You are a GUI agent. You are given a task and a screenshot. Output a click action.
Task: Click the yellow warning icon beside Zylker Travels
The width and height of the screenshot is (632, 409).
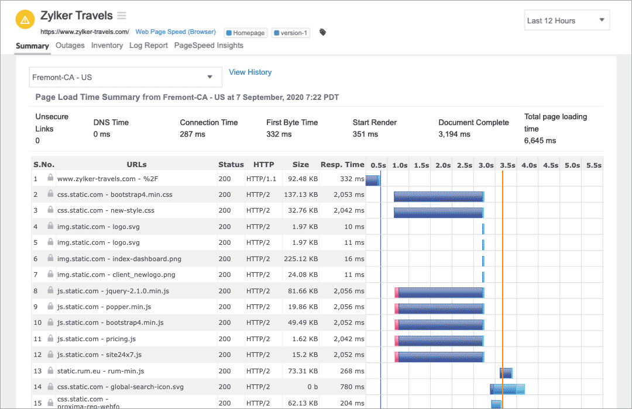25,20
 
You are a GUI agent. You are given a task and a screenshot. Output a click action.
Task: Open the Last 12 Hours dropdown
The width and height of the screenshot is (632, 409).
566,20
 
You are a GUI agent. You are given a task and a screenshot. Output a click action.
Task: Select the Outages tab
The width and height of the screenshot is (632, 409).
70,46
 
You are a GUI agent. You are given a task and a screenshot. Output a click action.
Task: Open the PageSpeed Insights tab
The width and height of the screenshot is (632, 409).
208,46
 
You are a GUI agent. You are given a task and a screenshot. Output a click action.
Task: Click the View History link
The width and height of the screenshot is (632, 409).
250,72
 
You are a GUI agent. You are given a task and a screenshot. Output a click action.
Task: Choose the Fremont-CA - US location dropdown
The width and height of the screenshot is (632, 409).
125,77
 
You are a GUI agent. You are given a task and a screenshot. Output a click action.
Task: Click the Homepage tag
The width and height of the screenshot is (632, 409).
246,33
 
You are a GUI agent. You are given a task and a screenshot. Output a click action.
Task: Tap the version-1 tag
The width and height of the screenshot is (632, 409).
291,33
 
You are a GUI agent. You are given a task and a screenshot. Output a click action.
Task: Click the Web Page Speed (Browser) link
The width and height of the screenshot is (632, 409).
176,32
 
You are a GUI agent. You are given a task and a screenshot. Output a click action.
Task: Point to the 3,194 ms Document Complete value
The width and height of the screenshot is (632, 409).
454,134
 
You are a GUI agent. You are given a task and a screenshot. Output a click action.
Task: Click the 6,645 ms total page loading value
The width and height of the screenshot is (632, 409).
540,141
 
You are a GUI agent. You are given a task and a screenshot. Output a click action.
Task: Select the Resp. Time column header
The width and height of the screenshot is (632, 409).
342,165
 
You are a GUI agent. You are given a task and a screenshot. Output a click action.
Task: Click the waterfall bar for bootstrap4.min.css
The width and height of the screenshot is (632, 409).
439,196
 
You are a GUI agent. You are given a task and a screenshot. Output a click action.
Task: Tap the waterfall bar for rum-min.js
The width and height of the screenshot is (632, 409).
506,373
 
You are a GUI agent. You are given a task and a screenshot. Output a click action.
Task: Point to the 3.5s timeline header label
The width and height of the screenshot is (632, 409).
507,165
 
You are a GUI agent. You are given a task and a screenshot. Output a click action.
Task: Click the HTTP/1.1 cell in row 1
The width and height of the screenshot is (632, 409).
261,179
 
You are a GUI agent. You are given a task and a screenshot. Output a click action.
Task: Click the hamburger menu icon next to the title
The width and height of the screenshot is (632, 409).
121,16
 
